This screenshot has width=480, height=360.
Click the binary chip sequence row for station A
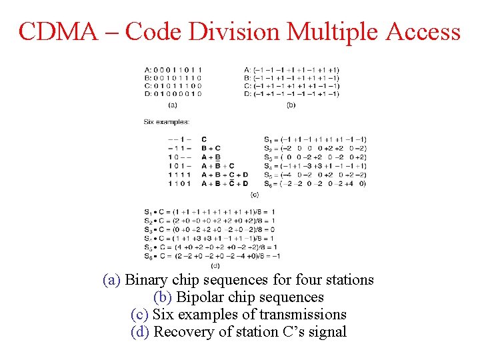173,69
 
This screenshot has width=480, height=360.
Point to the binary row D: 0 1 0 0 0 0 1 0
173,94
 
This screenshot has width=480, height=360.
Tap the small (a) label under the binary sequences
173,105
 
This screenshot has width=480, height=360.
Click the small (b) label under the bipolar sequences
291,105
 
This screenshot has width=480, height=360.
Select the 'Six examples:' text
166,122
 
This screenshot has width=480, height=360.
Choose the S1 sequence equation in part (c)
315,139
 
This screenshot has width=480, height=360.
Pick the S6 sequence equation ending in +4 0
315,183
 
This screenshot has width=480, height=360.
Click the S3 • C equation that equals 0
209,229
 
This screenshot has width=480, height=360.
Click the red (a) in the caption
111,280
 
